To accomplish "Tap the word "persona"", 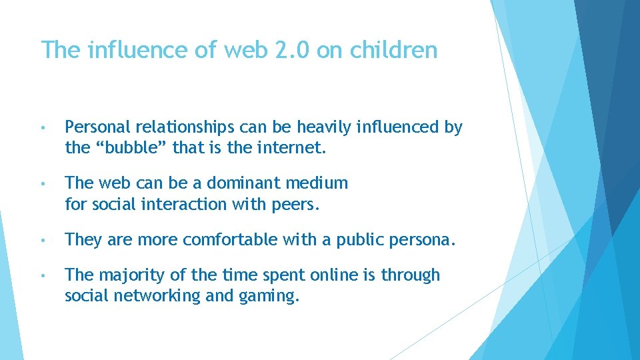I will click(x=425, y=240).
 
